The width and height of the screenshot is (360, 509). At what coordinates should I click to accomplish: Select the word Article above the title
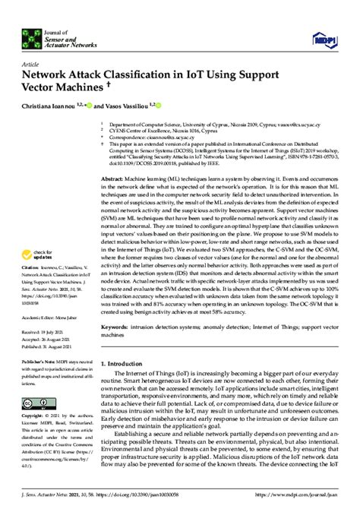[x=33, y=65]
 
